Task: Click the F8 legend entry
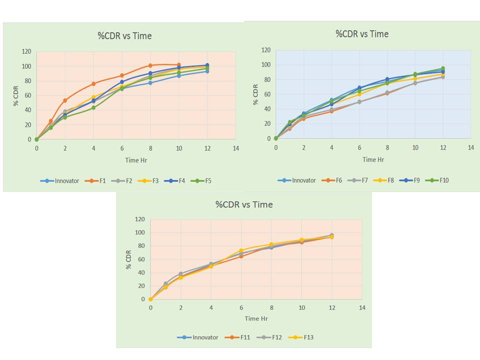tap(389, 180)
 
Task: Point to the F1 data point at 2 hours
tap(65, 100)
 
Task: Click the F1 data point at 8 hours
tap(150, 65)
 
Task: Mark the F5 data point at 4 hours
tap(93, 107)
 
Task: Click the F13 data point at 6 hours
tap(241, 250)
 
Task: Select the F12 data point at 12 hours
tap(331, 235)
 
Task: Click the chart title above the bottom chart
tap(244, 204)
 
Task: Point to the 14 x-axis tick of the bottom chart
tap(362, 307)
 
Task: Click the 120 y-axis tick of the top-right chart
tap(266, 50)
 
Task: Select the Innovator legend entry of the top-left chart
tap(60, 181)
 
